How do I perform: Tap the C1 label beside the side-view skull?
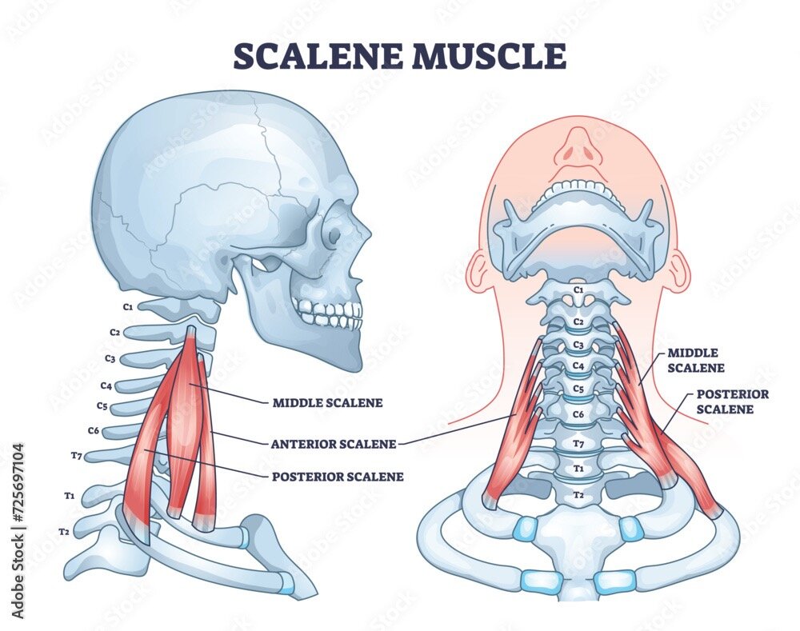coord(127,306)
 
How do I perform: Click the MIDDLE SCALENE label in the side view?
coord(327,403)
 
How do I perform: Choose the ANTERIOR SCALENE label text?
coord(333,443)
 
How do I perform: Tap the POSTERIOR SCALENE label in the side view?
coord(338,477)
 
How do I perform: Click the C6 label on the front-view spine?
coord(578,414)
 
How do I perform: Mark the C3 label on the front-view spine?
coord(578,345)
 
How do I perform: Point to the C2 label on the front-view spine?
coord(578,321)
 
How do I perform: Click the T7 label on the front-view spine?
coord(578,443)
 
